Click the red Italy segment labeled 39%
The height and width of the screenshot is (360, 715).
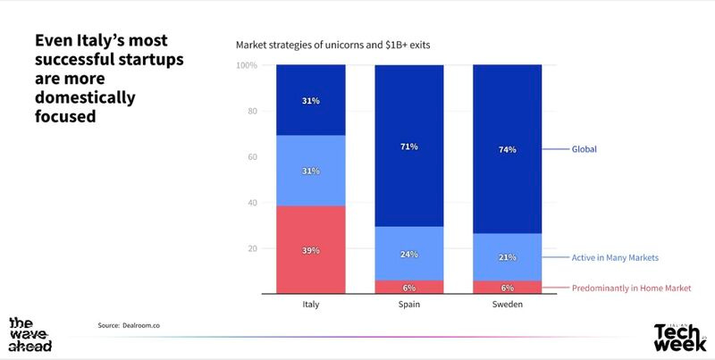pyautogui.click(x=311, y=249)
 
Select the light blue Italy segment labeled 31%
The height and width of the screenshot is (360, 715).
pyautogui.click(x=311, y=171)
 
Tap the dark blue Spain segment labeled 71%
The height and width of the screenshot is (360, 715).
pyautogui.click(x=408, y=146)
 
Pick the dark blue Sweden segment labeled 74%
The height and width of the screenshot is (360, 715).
pyautogui.click(x=506, y=150)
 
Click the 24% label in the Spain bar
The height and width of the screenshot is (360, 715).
pyautogui.click(x=408, y=254)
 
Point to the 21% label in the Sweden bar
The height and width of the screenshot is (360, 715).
pyautogui.click(x=506, y=257)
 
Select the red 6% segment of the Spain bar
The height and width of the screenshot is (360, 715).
pyautogui.click(x=408, y=287)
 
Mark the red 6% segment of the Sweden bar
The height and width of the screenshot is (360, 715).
pyautogui.click(x=506, y=287)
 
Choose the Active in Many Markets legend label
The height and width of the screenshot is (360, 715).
pyautogui.click(x=615, y=257)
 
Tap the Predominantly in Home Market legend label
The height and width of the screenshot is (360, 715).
pyautogui.click(x=631, y=288)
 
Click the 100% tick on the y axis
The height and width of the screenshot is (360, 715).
pyautogui.click(x=247, y=65)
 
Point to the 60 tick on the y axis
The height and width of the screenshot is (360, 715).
pyautogui.click(x=251, y=157)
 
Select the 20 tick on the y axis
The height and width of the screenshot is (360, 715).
pyautogui.click(x=251, y=248)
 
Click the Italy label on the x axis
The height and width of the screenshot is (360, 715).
pyautogui.click(x=311, y=305)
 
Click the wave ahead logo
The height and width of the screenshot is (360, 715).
pyautogui.click(x=29, y=333)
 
